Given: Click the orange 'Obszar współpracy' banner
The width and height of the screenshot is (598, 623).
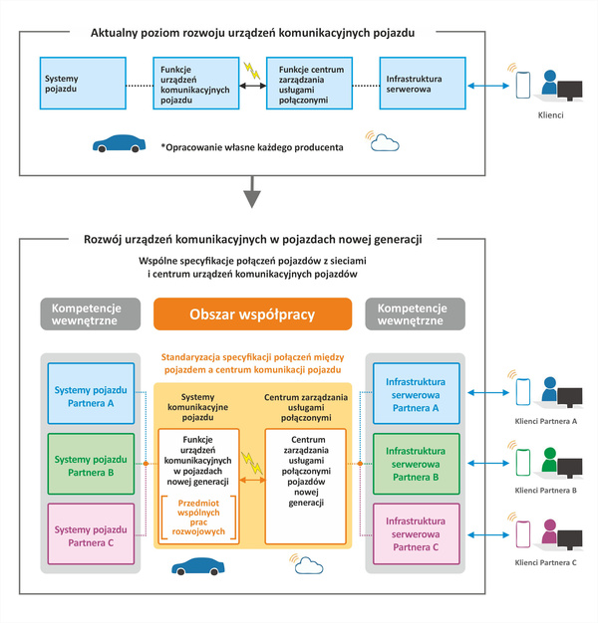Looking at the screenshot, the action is point(252,313).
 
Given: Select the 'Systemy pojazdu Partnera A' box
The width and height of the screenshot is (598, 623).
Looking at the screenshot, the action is point(91,393).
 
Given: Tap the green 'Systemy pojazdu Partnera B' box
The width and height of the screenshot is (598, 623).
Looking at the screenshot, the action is point(91,464).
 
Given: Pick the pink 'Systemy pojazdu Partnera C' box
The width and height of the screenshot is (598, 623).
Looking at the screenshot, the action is point(91,533).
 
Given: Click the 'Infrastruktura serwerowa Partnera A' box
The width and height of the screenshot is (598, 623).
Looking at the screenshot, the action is point(417,393).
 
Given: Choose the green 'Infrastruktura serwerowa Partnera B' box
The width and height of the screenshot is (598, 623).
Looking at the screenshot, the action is point(417,464).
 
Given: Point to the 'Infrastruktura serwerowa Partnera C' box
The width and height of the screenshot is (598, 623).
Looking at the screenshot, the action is point(417,533).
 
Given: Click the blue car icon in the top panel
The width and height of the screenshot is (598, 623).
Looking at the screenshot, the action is point(119,143).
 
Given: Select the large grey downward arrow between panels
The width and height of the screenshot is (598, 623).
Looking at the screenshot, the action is point(252,192).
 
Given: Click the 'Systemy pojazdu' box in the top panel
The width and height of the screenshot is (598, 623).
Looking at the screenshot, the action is point(83,83).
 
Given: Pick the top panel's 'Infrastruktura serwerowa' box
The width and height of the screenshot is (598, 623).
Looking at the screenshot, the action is point(423,83).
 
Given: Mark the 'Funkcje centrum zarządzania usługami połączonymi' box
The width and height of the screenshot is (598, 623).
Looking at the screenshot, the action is point(309,83).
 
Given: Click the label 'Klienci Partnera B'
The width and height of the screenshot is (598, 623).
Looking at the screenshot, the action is point(545,491).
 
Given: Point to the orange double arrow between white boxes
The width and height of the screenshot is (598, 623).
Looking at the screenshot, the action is point(252,480).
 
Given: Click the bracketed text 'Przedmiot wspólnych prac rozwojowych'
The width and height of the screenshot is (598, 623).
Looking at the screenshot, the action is point(198,517).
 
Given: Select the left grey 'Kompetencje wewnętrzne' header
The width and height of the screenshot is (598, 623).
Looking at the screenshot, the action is point(91,313).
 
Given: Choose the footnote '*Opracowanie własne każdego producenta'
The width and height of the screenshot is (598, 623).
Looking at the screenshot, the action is point(252,147).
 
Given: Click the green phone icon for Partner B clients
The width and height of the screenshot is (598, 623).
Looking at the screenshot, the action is point(523,462).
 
